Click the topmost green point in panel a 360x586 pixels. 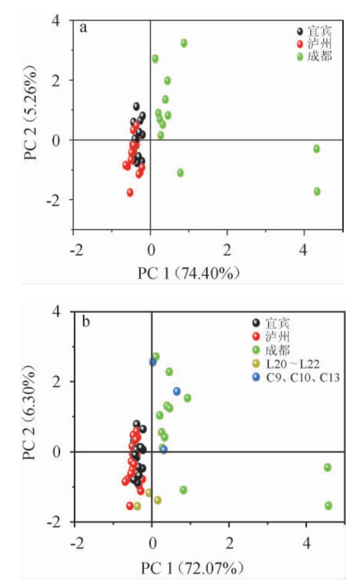point(184,43)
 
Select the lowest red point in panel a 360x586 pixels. point(130,192)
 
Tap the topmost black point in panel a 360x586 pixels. point(136,107)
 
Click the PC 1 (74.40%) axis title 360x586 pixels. point(189,273)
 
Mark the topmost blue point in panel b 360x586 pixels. point(153,362)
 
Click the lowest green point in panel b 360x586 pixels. point(328,505)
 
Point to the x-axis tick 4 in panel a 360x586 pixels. point(304,250)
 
